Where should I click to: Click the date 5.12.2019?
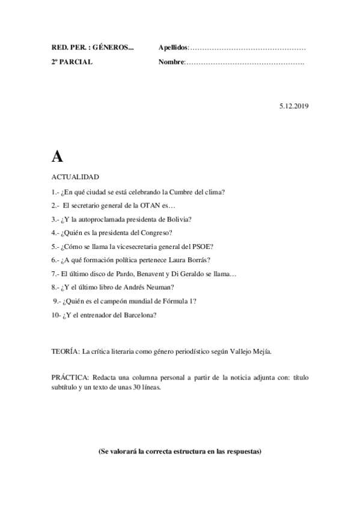[x=293, y=106]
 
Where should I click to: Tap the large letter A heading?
[x=57, y=156]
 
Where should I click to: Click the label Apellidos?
[x=173, y=47]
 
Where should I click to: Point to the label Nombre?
[x=171, y=62]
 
